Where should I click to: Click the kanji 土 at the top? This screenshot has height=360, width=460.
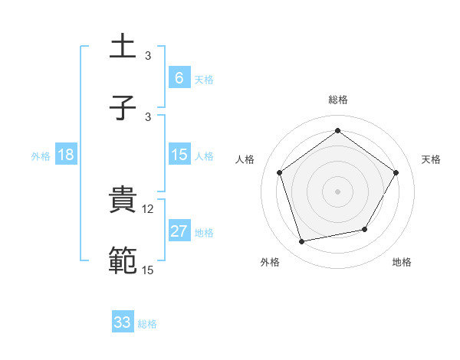(123, 47)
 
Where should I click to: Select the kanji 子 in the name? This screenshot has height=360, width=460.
(123, 108)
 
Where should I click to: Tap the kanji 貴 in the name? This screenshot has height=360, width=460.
(123, 201)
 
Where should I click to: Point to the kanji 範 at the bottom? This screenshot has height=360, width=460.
(123, 260)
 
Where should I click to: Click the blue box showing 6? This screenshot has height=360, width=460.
(179, 77)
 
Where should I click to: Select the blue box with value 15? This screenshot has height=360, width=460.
(179, 155)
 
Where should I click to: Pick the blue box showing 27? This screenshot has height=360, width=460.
(179, 231)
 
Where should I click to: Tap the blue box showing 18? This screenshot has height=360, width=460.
(66, 155)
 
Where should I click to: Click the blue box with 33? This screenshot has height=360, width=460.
(123, 322)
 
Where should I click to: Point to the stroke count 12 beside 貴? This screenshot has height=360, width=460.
(149, 208)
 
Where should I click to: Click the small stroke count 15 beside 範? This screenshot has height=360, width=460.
(149, 269)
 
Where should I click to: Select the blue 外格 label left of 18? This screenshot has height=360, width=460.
(41, 155)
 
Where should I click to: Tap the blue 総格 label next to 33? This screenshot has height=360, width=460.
(147, 323)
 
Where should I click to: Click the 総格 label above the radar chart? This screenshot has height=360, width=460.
(337, 100)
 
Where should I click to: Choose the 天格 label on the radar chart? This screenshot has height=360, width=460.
(431, 159)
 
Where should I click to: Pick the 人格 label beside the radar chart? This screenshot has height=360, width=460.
(245, 159)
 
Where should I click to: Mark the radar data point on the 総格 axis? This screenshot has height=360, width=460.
(337, 131)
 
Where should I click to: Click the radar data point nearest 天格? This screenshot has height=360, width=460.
(396, 172)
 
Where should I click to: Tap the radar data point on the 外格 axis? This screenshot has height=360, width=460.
(302, 241)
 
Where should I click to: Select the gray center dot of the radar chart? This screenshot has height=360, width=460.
(337, 191)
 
